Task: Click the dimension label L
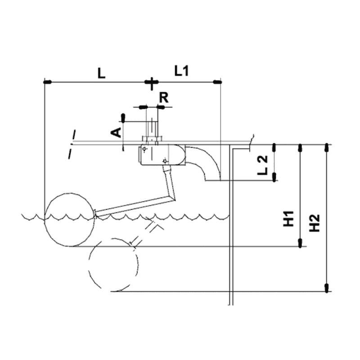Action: (101, 73)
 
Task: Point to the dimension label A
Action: (116, 132)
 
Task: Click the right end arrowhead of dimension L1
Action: (217, 82)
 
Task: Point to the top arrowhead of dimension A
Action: (122, 118)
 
